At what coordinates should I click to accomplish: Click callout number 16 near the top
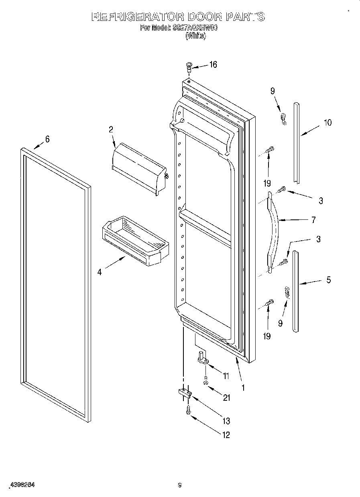[213, 65]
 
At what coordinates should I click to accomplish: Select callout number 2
[111, 130]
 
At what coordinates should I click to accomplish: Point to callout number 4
[99, 272]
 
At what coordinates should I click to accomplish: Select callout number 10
[327, 123]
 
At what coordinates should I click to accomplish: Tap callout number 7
[313, 220]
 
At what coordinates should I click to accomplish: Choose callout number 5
[328, 280]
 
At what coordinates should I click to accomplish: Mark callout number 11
[226, 376]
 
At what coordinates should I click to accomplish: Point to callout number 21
[227, 398]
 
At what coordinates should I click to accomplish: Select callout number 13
[226, 421]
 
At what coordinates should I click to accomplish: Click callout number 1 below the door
[243, 388]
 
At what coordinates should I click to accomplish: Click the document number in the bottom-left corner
[21, 485]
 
